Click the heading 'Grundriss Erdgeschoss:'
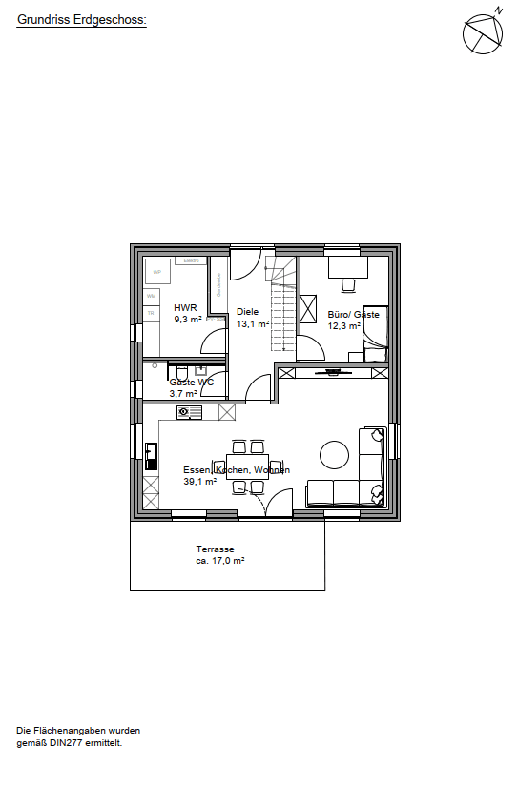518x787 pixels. [81, 18]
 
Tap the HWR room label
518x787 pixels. [185, 308]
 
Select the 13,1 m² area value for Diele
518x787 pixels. [253, 323]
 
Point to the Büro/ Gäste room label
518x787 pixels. [353, 314]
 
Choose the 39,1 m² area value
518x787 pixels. [200, 482]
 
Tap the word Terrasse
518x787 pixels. [215, 549]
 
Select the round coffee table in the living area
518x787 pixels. [335, 454]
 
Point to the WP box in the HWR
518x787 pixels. [156, 272]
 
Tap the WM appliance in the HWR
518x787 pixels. [151, 297]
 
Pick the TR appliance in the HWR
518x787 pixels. [151, 313]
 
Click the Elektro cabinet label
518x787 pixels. [190, 260]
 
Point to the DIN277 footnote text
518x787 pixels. [70, 735]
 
